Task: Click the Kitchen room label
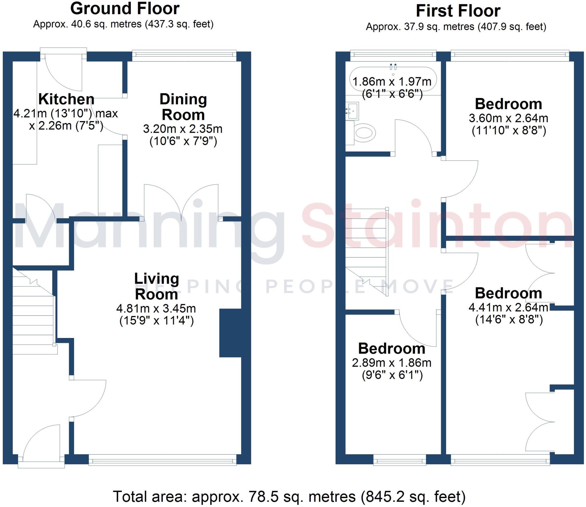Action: [66, 99]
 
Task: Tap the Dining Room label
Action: [183, 107]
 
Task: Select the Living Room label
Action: [157, 286]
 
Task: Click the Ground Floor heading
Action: [125, 9]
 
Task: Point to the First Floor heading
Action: [458, 11]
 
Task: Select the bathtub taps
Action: [393, 67]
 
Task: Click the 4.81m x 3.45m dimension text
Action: [156, 309]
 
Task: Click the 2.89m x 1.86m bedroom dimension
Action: [391, 363]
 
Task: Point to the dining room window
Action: [184, 56]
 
